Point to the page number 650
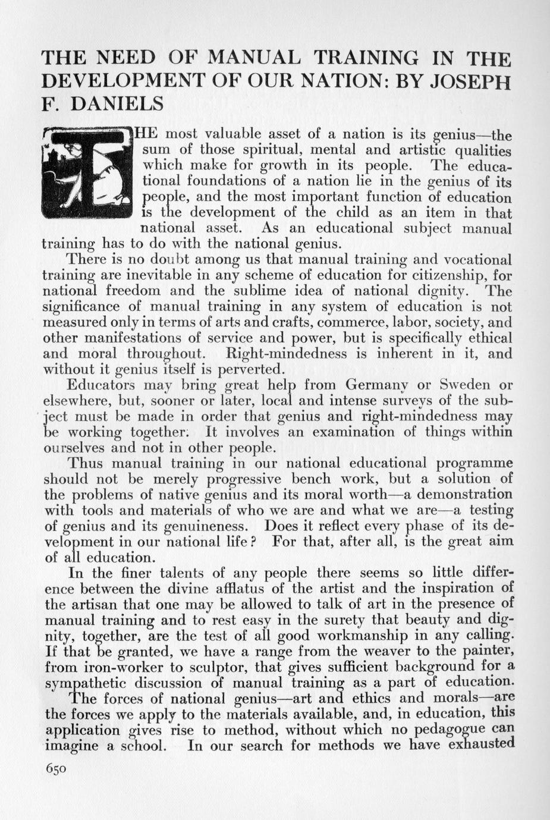56,768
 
